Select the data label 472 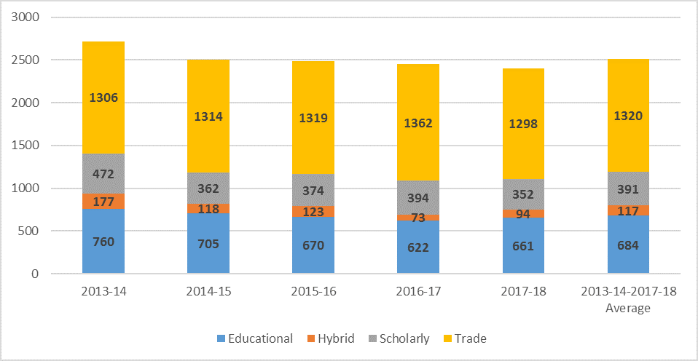[103, 175]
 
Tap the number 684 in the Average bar [627, 246]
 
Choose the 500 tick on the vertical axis [31, 231]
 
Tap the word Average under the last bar [627, 308]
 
